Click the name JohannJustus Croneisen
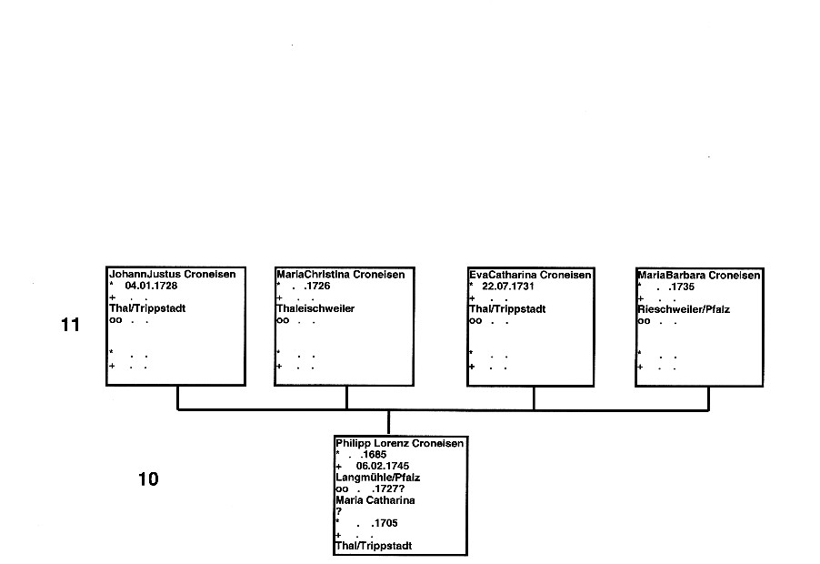point(173,274)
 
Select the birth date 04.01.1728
point(151,286)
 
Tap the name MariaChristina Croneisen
point(340,275)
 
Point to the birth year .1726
point(317,287)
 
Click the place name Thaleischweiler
point(315,308)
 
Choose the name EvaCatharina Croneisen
point(530,276)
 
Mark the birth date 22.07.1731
point(508,287)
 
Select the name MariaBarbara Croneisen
point(699,276)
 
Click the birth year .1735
point(682,287)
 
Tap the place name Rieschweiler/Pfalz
point(684,309)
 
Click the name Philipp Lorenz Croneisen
point(399,444)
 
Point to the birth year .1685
point(374,455)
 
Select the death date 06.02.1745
point(383,466)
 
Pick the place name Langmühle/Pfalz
point(377,478)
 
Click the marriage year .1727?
point(388,489)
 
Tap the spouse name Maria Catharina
point(375,500)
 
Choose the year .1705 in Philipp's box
point(385,523)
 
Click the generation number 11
point(71,325)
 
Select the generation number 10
point(148,479)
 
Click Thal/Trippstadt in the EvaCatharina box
point(507,309)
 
